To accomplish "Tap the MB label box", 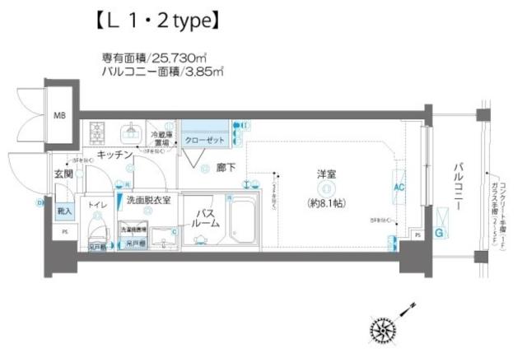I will click(59, 114).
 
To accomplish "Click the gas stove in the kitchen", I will click(99, 132).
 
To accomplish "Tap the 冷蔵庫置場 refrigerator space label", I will click(161, 138).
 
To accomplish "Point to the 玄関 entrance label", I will click(64, 174).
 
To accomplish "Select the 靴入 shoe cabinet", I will click(64, 211).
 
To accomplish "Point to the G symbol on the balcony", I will click(439, 233).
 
